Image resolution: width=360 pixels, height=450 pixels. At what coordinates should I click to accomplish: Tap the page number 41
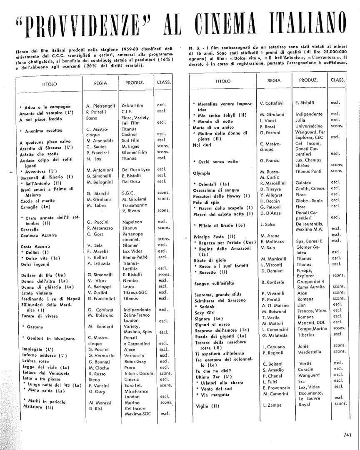pyautogui.click(x=348, y=435)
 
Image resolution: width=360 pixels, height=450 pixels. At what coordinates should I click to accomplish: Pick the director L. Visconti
pyautogui.click(x=272, y=265)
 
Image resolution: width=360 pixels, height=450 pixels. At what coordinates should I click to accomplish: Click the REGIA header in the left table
pyautogui.click(x=100, y=83)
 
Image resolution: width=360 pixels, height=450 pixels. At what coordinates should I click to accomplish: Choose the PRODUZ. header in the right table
pyautogui.click(x=309, y=80)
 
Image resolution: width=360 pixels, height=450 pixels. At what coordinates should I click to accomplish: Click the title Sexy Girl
pyautogui.click(x=205, y=312)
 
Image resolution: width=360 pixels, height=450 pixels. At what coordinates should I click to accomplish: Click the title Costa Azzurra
pyautogui.click(x=35, y=246)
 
